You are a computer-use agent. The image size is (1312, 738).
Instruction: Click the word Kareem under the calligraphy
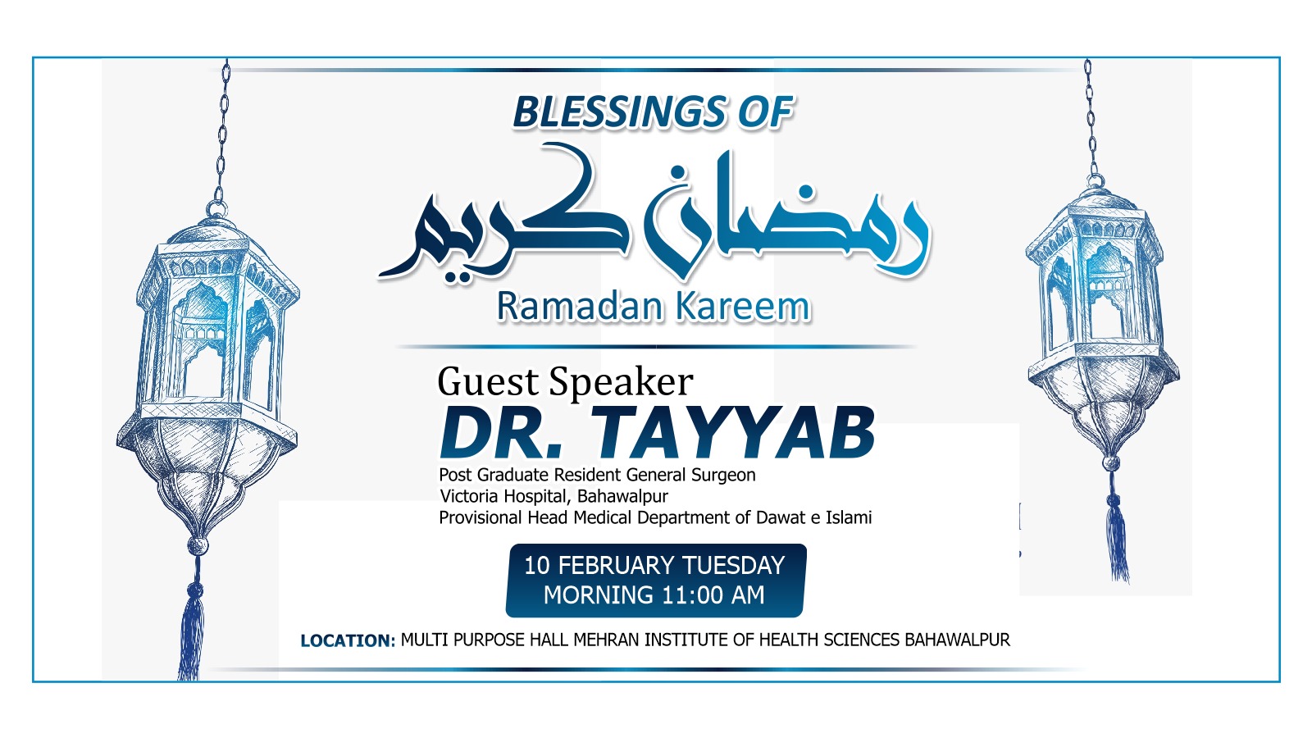(x=743, y=307)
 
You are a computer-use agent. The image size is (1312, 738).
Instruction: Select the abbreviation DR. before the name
(x=501, y=433)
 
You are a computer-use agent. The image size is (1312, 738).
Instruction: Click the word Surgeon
(x=723, y=475)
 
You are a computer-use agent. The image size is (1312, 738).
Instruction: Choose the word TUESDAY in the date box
(x=734, y=566)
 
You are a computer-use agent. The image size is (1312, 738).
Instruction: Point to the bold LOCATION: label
(x=348, y=640)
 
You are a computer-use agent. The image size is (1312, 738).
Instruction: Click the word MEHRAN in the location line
(x=606, y=640)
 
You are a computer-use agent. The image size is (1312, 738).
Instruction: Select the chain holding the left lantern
(x=222, y=134)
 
